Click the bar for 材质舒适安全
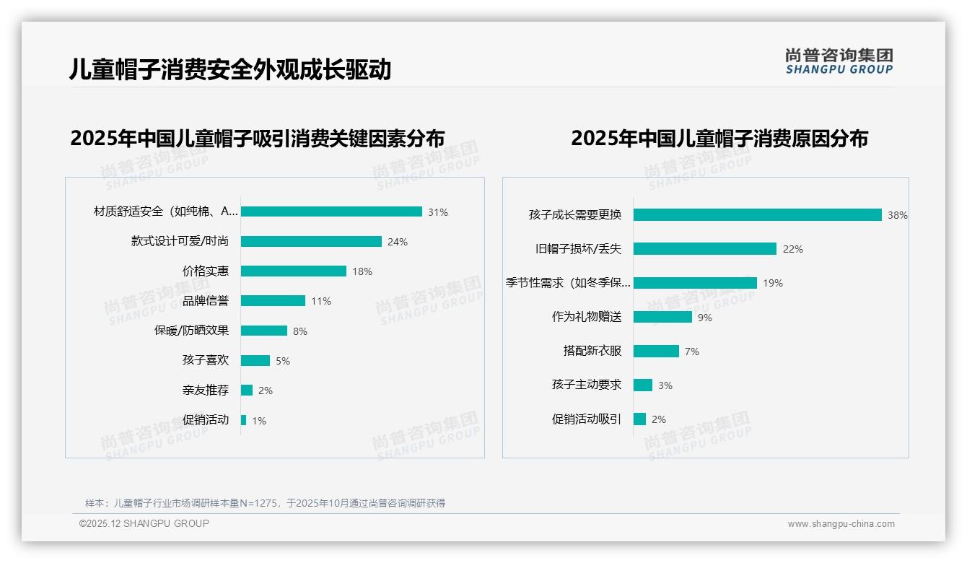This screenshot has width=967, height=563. tap(331, 211)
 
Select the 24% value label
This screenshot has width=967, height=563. tap(398, 242)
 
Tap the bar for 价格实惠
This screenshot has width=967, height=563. tap(294, 271)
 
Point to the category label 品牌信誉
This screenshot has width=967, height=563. tap(206, 301)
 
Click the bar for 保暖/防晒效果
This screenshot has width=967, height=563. tap(264, 331)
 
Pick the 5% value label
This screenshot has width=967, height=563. tap(283, 361)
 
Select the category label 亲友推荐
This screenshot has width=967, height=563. tap(206, 390)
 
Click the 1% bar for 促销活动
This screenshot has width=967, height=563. tap(244, 420)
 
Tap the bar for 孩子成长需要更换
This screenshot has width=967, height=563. tap(758, 214)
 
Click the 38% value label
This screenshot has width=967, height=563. tap(898, 215)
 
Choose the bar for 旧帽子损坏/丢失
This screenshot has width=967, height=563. tap(705, 248)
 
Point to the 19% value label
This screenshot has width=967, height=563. tap(773, 283)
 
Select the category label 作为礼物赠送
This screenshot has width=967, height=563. tap(587, 317)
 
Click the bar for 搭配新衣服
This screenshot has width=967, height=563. tap(656, 351)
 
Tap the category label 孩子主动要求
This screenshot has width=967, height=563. tap(587, 385)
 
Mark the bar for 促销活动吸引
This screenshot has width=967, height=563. tap(639, 419)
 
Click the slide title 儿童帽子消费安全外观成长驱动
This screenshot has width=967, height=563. tap(230, 69)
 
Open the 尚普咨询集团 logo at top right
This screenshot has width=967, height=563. tap(839, 61)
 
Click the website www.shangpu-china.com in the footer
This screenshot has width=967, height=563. tap(841, 524)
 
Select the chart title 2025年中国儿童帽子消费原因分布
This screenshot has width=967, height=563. tap(719, 139)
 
